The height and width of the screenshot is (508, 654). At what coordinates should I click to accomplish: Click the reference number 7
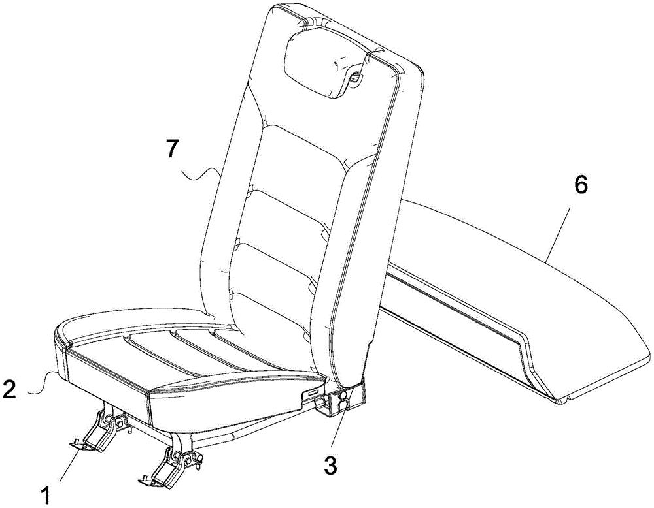tap(175, 149)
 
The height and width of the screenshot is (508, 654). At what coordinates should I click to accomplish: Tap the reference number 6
tap(581, 185)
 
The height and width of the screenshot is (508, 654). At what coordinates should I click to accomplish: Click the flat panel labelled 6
tap(517, 300)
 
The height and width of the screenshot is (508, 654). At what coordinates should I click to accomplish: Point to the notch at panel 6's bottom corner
tap(563, 401)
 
